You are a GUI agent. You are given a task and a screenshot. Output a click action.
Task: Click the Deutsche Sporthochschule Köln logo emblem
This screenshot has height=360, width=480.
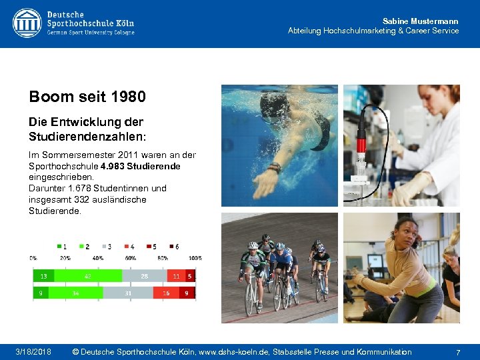tap(27, 23)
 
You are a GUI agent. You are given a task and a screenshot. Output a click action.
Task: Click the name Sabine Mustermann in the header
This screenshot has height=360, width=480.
tap(420, 21)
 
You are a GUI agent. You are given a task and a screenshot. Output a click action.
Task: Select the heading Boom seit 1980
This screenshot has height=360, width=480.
tap(87, 97)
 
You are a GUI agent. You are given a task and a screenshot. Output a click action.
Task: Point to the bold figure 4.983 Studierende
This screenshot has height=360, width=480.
tap(141, 165)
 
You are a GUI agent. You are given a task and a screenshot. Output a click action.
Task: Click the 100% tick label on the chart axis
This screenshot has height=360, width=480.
tap(195, 258)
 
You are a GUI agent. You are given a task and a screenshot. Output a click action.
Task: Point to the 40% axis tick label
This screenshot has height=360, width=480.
tap(97, 258)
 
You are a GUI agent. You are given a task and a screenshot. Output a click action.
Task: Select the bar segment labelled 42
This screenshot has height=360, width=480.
tap(88, 276)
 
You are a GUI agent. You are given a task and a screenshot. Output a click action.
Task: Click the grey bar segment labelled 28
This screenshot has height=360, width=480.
tap(143, 276)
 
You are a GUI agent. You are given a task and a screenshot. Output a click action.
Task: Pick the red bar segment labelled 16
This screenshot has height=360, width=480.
tap(166, 293)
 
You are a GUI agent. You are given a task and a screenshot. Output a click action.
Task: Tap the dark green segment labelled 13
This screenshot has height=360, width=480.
tap(44, 276)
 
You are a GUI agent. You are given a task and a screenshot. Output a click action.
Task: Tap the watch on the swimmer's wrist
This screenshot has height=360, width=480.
tap(274, 168)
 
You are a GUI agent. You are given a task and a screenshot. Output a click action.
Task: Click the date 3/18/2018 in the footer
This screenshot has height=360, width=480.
tap(34, 351)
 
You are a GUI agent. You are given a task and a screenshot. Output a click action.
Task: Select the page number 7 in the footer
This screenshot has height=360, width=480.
tap(458, 351)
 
